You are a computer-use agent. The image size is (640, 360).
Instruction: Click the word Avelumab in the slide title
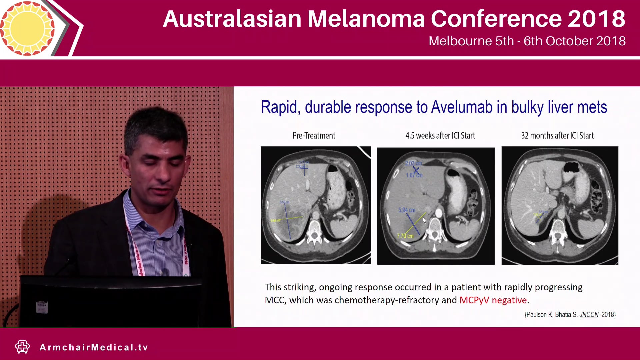click(x=462, y=107)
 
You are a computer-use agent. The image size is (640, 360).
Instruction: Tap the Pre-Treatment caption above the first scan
click(x=314, y=136)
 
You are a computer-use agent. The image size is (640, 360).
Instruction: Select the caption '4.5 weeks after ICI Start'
click(x=440, y=136)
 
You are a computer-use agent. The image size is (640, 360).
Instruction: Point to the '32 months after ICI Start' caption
click(x=557, y=136)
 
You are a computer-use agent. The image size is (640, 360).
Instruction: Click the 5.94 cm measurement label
click(x=407, y=210)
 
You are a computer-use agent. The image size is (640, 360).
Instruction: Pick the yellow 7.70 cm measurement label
click(x=405, y=236)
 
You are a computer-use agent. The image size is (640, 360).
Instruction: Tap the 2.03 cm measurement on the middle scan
click(x=413, y=163)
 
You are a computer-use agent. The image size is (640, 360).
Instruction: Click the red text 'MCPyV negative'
click(x=493, y=300)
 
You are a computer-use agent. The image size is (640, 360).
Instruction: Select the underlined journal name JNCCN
click(x=589, y=315)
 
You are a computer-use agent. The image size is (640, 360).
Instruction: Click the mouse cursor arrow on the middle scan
click(x=424, y=220)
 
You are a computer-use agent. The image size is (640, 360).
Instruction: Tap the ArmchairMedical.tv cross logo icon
click(x=22, y=347)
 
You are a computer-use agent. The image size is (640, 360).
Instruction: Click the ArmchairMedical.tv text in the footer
click(x=94, y=347)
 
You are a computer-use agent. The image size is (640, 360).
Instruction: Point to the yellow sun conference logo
click(x=27, y=28)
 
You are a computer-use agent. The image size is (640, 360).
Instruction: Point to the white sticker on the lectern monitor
click(x=42, y=307)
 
